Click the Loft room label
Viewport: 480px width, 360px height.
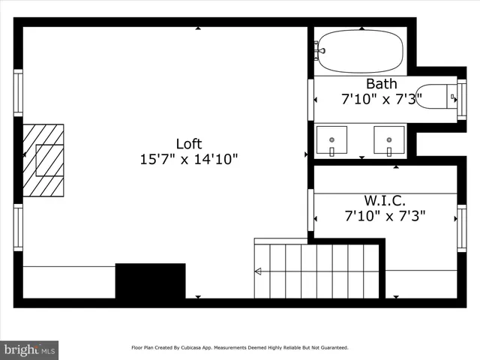(189, 143)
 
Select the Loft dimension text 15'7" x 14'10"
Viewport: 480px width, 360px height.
(189, 159)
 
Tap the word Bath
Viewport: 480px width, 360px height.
(381, 83)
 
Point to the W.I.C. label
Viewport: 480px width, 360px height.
(385, 200)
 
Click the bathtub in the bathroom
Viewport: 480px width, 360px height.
(358, 51)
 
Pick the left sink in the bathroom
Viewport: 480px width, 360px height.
(331, 139)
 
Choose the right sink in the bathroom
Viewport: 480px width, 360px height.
(389, 139)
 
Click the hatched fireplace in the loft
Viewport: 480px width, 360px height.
(43, 160)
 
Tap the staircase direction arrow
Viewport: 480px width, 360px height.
(259, 271)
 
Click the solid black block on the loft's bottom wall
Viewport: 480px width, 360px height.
(150, 281)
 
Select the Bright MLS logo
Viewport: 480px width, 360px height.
(30, 349)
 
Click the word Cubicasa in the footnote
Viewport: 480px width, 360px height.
(196, 348)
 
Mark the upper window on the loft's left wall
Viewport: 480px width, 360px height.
(18, 92)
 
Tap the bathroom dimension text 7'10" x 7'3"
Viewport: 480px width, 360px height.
(385, 98)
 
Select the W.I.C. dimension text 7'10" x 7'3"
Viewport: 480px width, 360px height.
(385, 216)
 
